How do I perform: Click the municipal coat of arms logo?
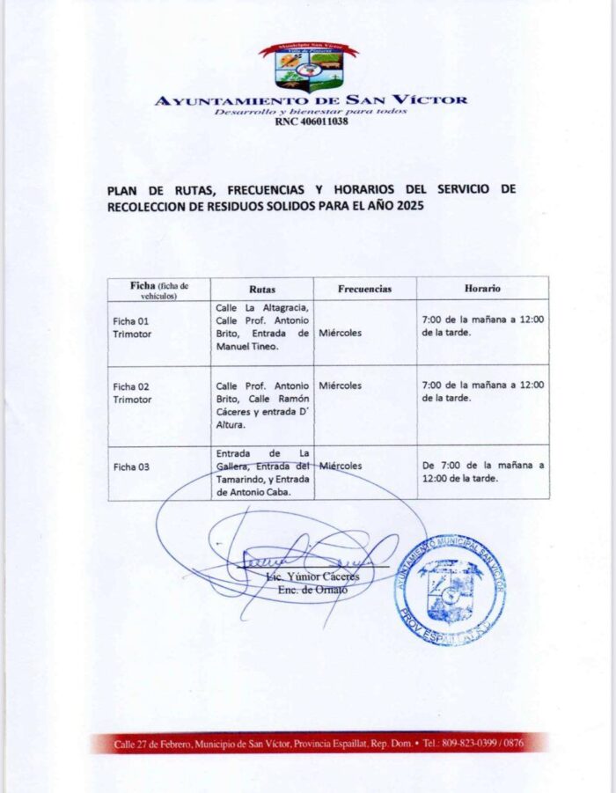click(x=307, y=67)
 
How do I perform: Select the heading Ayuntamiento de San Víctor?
click(x=311, y=100)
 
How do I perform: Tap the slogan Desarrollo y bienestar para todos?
click(x=311, y=112)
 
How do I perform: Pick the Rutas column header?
click(x=262, y=289)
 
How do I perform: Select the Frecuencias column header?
click(x=364, y=289)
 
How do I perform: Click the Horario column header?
click(x=482, y=288)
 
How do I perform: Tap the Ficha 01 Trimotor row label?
click(x=132, y=327)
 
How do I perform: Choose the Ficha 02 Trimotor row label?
click(x=132, y=393)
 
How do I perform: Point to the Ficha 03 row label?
click(x=131, y=466)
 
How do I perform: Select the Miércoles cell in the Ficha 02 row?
click(x=341, y=385)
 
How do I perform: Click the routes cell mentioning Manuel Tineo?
click(x=262, y=327)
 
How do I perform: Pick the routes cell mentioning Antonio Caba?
click(x=262, y=473)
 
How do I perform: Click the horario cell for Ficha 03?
click(x=483, y=472)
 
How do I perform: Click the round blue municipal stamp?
click(x=449, y=591)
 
